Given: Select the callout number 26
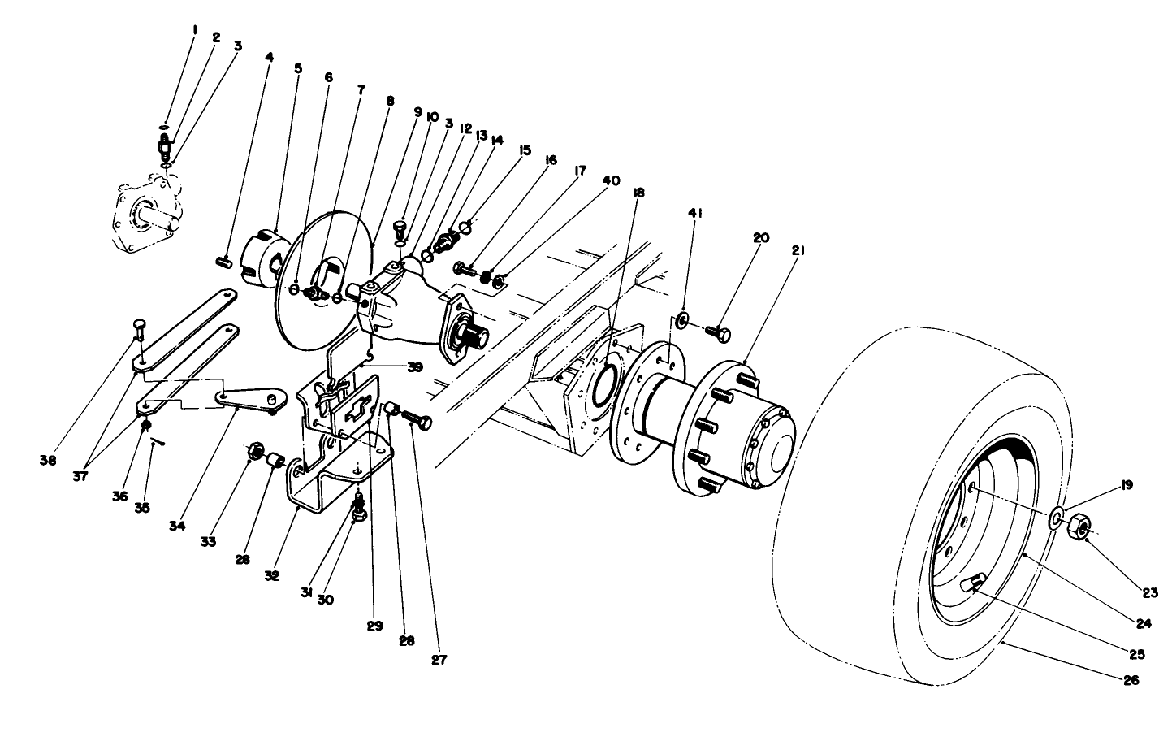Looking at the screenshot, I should click(x=1131, y=680).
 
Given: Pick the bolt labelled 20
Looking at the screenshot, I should click(x=716, y=332).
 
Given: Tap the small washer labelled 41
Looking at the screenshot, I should click(x=681, y=318).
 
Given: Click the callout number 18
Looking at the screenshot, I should click(x=639, y=193).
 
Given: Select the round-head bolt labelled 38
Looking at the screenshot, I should click(x=139, y=329).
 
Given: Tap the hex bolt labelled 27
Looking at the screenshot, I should click(x=417, y=420).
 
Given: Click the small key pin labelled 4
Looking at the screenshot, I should click(x=226, y=262).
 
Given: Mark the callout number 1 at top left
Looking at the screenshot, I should click(x=195, y=29).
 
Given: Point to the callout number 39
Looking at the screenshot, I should click(x=415, y=367).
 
